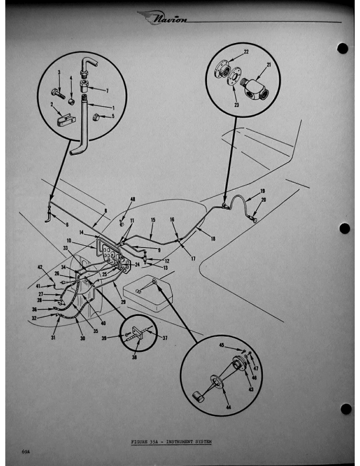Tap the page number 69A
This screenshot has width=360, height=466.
click(27, 452)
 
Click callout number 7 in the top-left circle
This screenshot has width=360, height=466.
click(106, 91)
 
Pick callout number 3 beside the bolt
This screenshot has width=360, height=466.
click(59, 73)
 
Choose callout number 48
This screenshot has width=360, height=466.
click(132, 199)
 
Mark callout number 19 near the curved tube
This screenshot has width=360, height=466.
click(262, 191)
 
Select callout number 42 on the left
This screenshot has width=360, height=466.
click(41, 268)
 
